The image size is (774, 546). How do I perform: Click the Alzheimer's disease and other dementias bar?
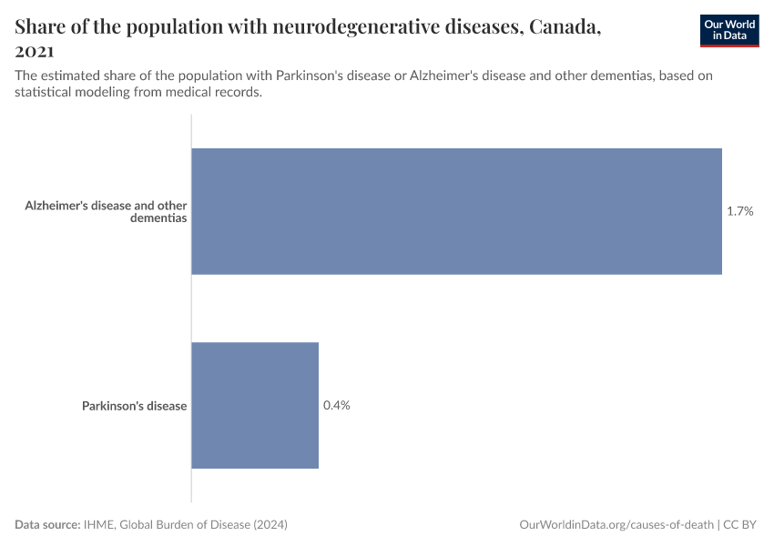click(x=455, y=211)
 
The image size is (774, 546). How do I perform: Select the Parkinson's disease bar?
click(x=255, y=405)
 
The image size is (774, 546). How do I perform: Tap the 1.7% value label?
click(x=739, y=211)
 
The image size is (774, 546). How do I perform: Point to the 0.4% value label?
click(x=336, y=405)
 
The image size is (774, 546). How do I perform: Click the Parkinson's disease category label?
click(x=134, y=406)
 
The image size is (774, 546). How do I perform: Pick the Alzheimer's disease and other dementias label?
click(x=106, y=212)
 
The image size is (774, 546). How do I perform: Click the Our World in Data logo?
click(x=729, y=30)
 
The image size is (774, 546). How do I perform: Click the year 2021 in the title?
click(x=35, y=52)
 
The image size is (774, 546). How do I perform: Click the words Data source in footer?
click(x=46, y=525)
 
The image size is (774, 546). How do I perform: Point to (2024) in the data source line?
click(x=271, y=525)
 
